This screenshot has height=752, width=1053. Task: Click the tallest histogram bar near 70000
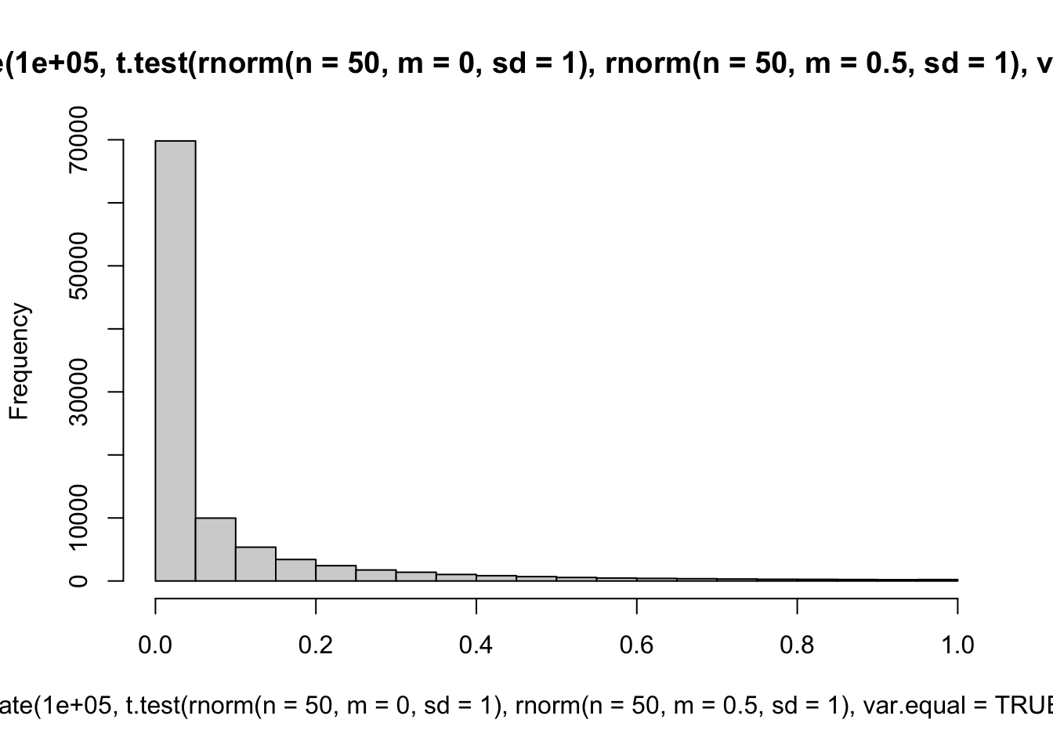[x=175, y=360]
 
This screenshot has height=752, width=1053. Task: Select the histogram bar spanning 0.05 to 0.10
[x=215, y=549]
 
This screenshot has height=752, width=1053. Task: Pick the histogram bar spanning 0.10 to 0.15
[x=255, y=564]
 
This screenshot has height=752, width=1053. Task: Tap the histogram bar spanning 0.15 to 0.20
[x=295, y=570]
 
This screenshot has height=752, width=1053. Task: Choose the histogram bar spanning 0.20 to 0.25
[x=336, y=573]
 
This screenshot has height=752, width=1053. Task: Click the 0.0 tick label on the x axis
[x=155, y=645]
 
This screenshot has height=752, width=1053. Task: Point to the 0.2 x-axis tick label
[x=316, y=645]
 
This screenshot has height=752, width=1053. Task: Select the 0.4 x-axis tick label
[x=476, y=645]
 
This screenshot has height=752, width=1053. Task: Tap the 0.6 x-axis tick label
[x=637, y=645]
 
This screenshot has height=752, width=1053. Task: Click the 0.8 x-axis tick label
[x=798, y=645]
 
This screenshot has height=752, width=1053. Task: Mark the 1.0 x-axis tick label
[x=957, y=645]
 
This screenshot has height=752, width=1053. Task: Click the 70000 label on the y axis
[x=78, y=140]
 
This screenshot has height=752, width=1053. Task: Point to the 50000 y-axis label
[x=78, y=266]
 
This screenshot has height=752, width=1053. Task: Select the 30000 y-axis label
[x=78, y=392]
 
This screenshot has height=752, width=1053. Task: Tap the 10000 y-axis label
[x=78, y=518]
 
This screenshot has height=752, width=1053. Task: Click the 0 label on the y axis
[x=78, y=580]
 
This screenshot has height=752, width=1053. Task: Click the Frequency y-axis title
[x=19, y=361]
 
